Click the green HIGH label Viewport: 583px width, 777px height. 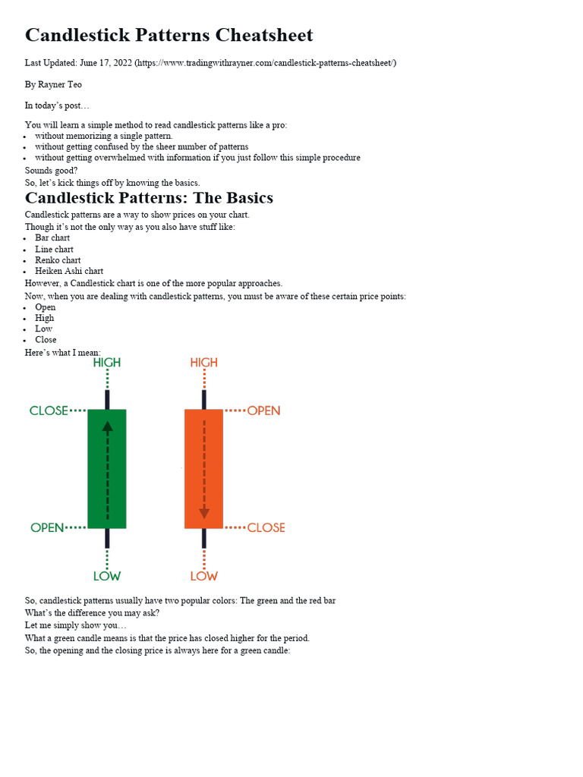click(x=107, y=363)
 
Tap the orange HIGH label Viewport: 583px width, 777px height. click(x=203, y=363)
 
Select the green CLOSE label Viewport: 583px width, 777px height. click(x=49, y=411)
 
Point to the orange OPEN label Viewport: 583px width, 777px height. click(x=263, y=411)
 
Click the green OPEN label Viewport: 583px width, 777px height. click(x=47, y=527)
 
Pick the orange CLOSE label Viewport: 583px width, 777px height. click(x=266, y=527)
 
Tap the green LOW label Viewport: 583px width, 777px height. click(x=107, y=576)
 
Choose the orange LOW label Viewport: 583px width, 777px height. click(x=203, y=576)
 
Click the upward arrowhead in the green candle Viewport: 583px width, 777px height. click(x=107, y=426)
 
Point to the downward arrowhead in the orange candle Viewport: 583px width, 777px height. click(x=203, y=513)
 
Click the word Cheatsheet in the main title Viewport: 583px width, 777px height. click(x=264, y=36)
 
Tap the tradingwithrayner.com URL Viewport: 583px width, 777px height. click(x=265, y=63)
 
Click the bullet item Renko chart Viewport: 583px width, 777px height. click(x=58, y=260)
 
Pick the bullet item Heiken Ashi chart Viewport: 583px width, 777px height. click(x=69, y=271)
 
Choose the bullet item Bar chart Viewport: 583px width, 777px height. click(x=52, y=238)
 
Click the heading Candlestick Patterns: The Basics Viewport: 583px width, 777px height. click(x=149, y=198)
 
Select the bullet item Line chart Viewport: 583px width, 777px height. click(x=54, y=249)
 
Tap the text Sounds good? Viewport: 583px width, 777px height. click(x=51, y=171)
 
